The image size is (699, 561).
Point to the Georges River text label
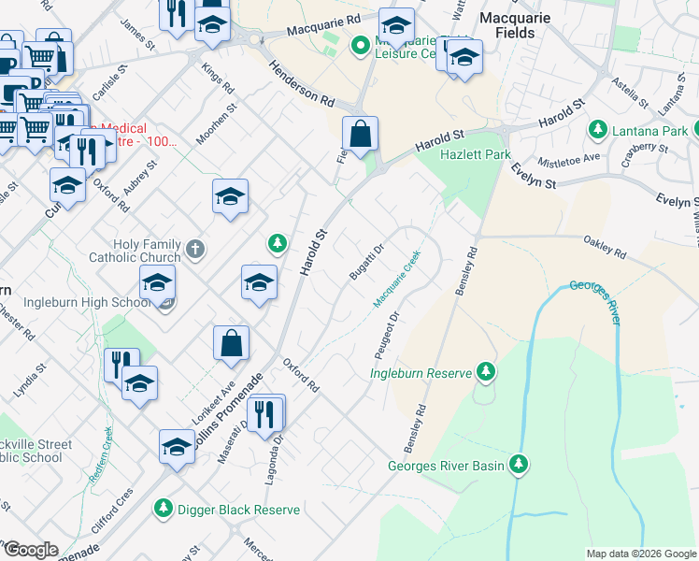tap(595, 300)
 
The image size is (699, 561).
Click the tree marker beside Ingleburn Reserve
tap(485, 373)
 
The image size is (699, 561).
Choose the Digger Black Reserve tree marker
tap(164, 509)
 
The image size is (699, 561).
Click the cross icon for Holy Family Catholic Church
tap(194, 249)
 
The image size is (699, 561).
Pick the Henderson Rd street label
tap(301, 85)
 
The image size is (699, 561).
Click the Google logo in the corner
tap(31, 550)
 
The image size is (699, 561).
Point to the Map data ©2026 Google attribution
tap(640, 554)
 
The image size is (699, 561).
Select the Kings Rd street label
tap(221, 79)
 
